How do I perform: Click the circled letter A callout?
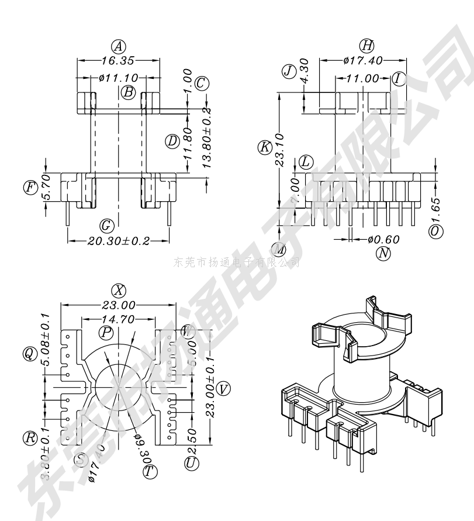(x=119, y=46)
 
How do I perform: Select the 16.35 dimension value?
(x=119, y=60)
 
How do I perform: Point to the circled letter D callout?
(x=172, y=141)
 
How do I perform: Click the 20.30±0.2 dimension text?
(x=119, y=240)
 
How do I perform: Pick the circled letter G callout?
(x=106, y=225)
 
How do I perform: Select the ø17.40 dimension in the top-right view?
(x=363, y=60)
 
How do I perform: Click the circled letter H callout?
(x=367, y=46)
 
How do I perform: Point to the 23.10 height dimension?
(x=280, y=150)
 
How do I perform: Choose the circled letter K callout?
(x=265, y=147)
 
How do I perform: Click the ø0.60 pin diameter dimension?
(x=383, y=239)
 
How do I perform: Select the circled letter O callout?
(x=435, y=232)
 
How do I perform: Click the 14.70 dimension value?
(x=118, y=319)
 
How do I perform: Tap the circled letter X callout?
(x=119, y=291)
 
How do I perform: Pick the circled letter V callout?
(x=223, y=388)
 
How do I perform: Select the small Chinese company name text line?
(x=237, y=262)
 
